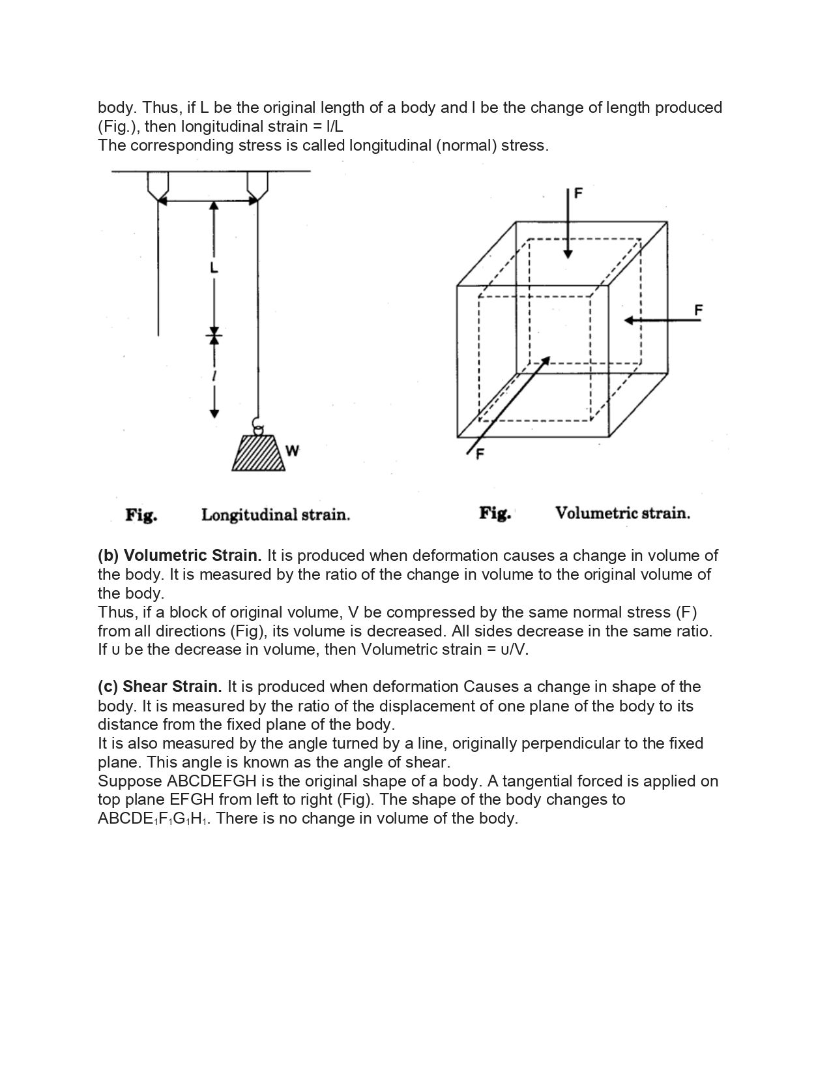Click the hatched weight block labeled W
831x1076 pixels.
click(x=259, y=453)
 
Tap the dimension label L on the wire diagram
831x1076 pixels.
click(x=214, y=268)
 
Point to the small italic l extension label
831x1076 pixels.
click(x=214, y=376)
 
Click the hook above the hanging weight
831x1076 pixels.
click(x=258, y=428)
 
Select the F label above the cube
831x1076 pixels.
click(x=578, y=193)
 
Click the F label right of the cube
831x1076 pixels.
click(x=698, y=310)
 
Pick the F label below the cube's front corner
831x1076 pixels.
click(x=480, y=455)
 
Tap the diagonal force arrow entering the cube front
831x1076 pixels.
click(x=509, y=405)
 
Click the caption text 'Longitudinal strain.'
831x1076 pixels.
click(x=276, y=515)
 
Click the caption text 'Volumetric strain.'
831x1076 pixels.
click(x=622, y=513)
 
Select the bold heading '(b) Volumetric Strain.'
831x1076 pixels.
click(x=179, y=556)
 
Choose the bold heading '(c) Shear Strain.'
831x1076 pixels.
click(x=160, y=687)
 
